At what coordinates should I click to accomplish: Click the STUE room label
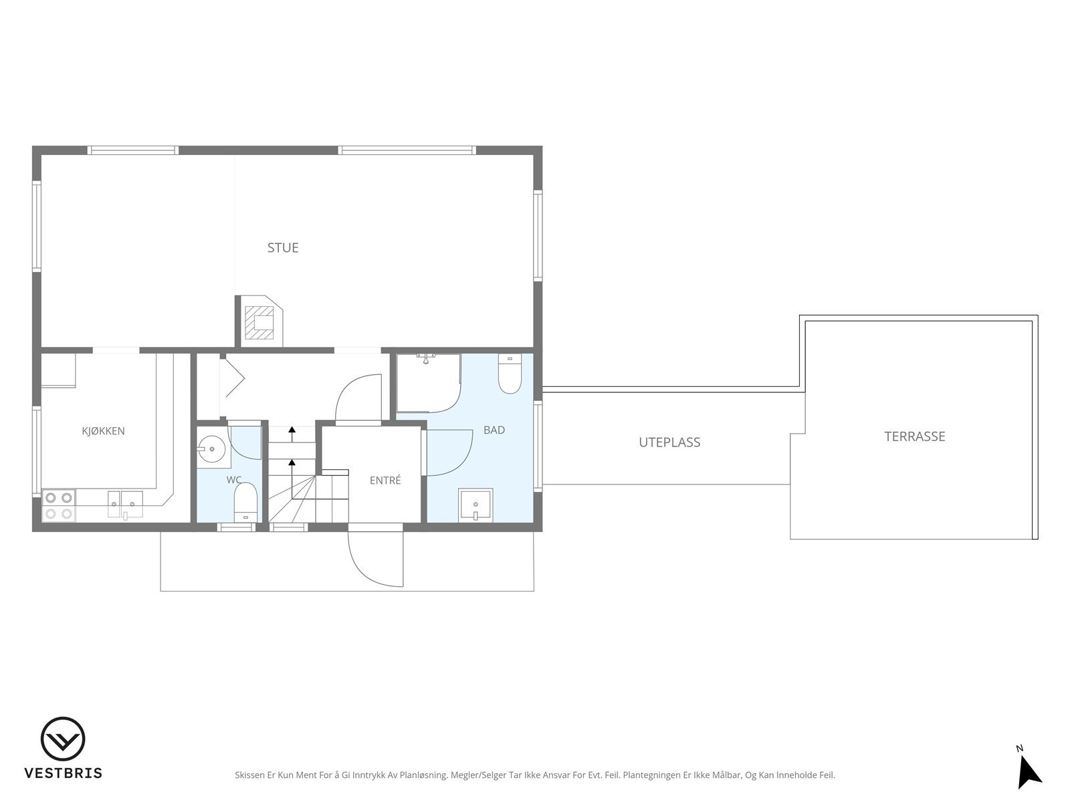(x=283, y=248)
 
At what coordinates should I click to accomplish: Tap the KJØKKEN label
(x=104, y=431)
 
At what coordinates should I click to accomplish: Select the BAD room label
(x=494, y=430)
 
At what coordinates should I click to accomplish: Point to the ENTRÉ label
(x=385, y=481)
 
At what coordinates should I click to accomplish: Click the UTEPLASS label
(x=669, y=442)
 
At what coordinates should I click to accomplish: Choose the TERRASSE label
(x=914, y=436)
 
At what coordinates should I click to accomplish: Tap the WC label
(x=234, y=480)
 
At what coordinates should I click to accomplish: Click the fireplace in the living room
(x=259, y=321)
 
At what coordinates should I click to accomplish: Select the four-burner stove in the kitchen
(x=58, y=505)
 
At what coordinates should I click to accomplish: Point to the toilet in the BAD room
(x=510, y=374)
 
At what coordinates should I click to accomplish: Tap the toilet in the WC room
(x=245, y=502)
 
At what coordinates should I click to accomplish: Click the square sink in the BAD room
(x=475, y=505)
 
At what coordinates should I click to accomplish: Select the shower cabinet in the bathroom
(x=429, y=383)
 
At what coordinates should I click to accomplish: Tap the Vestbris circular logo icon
(x=63, y=739)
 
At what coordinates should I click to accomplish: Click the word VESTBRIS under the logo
(x=64, y=773)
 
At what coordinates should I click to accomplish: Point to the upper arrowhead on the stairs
(x=292, y=430)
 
